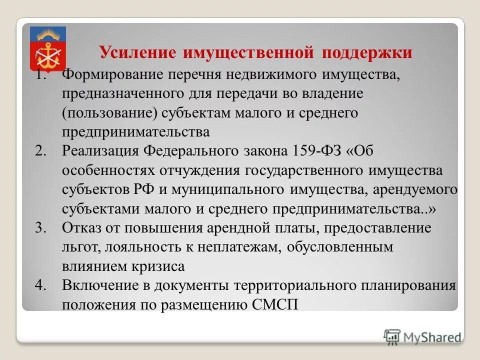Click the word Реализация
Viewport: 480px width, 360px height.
100,150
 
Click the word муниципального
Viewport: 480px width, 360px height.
235,189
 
